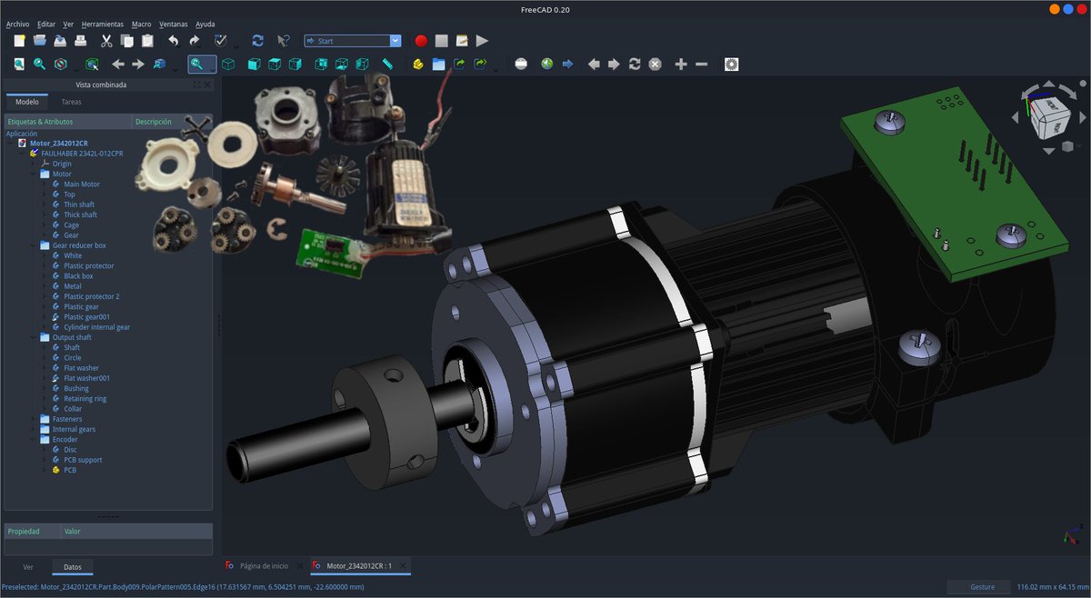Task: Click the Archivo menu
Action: click(x=17, y=24)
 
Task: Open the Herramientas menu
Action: click(x=103, y=24)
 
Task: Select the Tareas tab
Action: click(x=71, y=102)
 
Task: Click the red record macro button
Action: click(x=421, y=41)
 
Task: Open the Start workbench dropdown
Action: click(x=352, y=41)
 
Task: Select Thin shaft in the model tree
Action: click(x=78, y=204)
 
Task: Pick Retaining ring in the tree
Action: click(x=85, y=398)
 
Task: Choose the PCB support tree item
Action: click(x=82, y=460)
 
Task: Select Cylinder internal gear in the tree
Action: click(x=96, y=327)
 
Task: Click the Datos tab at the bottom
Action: click(x=73, y=567)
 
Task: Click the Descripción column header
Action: click(x=153, y=121)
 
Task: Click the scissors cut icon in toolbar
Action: click(x=106, y=41)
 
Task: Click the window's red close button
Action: click(x=1080, y=8)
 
